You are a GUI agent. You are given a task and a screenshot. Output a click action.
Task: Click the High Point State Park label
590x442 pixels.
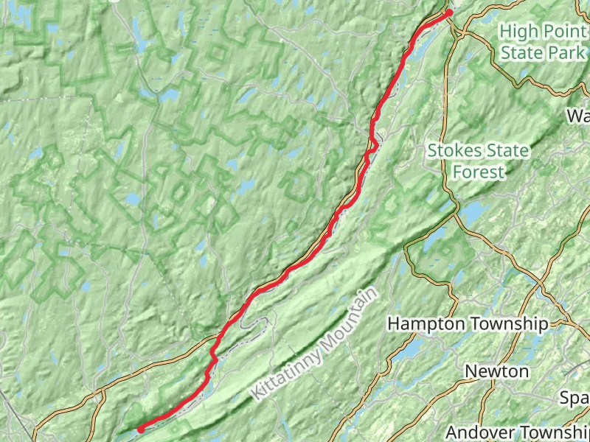coord(544,42)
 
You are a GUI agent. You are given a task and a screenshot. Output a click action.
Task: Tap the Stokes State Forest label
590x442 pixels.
coord(478,161)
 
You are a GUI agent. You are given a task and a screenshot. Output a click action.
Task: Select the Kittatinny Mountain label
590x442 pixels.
coord(314,343)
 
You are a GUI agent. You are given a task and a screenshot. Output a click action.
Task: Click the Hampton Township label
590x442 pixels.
coord(468,324)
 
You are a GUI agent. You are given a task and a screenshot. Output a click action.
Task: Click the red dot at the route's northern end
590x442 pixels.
coord(448,12)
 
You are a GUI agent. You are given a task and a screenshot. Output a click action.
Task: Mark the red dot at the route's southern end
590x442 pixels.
coord(140,429)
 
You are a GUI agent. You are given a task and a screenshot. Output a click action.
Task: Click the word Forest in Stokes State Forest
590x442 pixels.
coord(479,172)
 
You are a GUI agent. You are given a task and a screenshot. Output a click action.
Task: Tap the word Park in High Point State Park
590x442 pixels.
coord(569,53)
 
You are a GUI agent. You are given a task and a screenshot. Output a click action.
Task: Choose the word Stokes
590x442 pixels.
coord(451,151)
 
